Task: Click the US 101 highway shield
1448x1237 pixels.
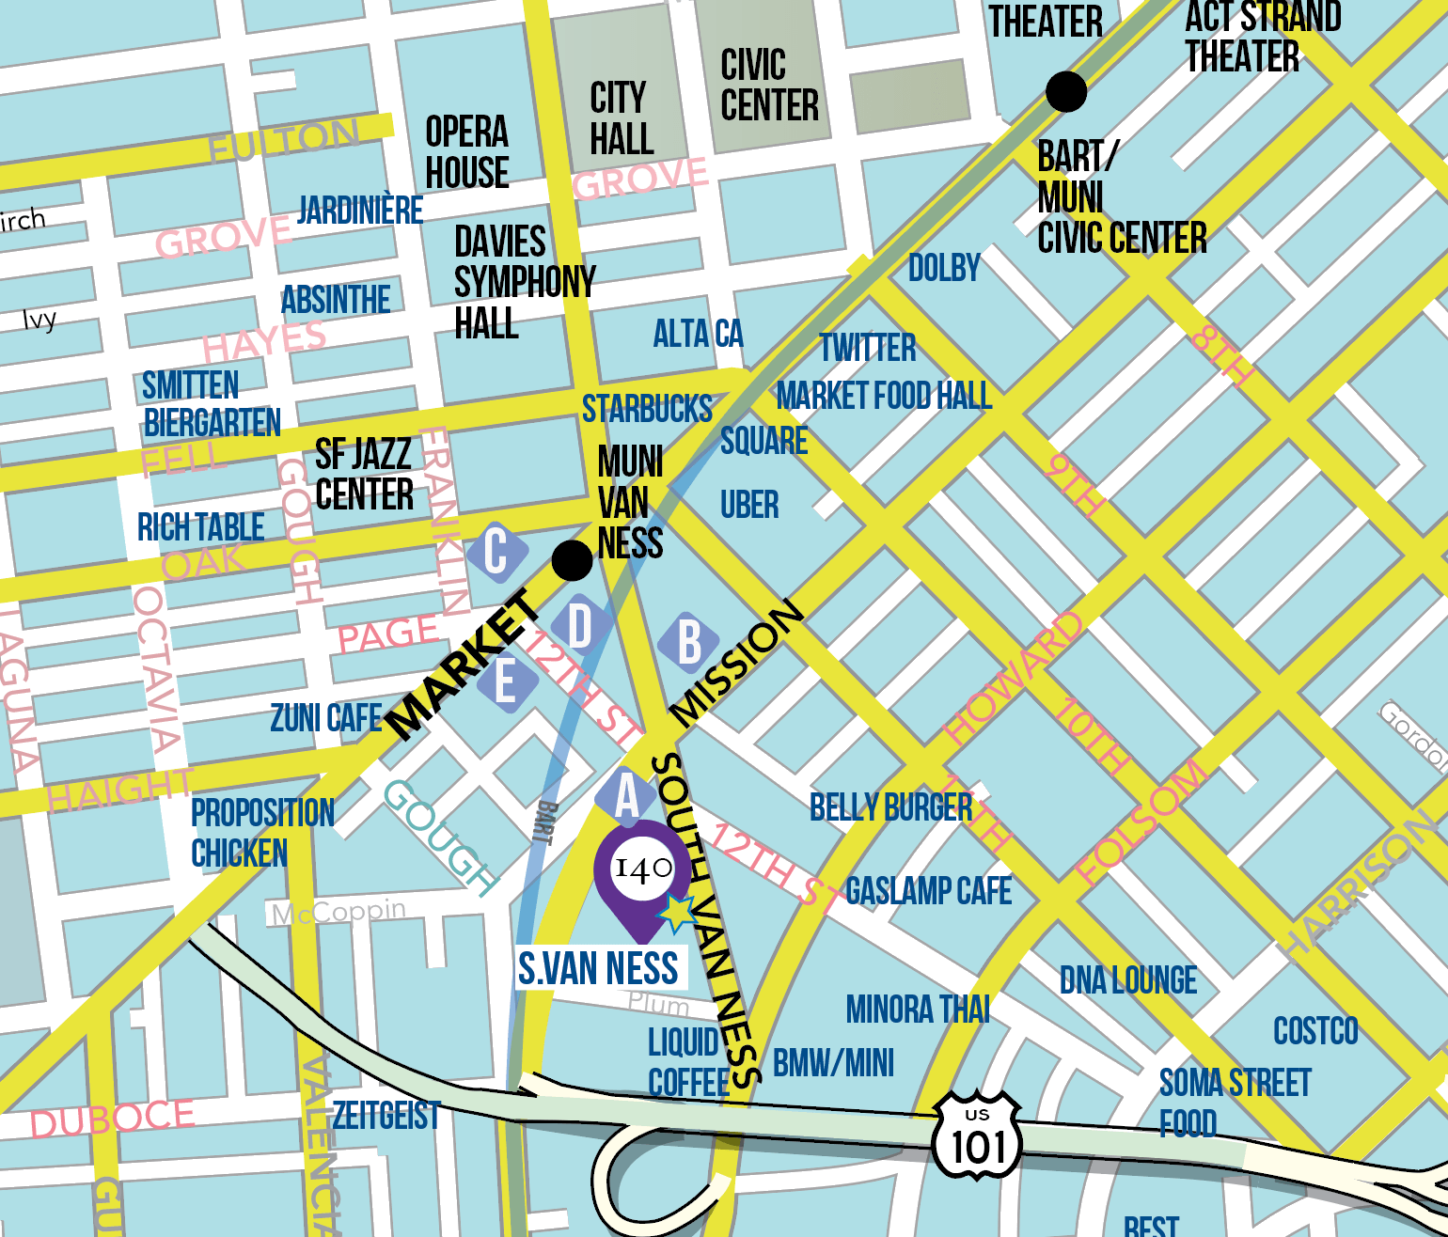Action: pos(977,1135)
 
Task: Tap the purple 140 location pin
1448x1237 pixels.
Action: pos(643,874)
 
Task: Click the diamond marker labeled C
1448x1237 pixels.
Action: pos(496,553)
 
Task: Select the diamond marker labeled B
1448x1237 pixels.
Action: pos(689,643)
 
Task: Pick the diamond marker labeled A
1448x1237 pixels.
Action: pos(626,797)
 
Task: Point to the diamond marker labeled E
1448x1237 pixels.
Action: pos(506,681)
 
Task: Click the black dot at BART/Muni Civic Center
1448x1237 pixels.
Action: pos(1066,92)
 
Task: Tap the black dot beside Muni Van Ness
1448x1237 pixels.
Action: pos(572,560)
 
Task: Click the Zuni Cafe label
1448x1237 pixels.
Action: pos(326,718)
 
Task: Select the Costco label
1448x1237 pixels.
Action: pos(1315,1031)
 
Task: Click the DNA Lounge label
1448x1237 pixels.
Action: pos(1128,980)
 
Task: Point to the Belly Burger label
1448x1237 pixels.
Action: pos(891,807)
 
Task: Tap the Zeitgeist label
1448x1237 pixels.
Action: pos(386,1116)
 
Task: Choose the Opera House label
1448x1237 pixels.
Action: pos(467,152)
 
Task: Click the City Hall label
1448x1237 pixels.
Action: pos(621,118)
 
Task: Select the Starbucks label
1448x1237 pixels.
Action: pos(647,409)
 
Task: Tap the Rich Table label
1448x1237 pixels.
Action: pos(200,527)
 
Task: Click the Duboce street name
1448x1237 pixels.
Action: pos(112,1120)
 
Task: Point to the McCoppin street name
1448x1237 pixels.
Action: pos(338,912)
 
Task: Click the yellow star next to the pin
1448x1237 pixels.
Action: pos(677,912)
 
